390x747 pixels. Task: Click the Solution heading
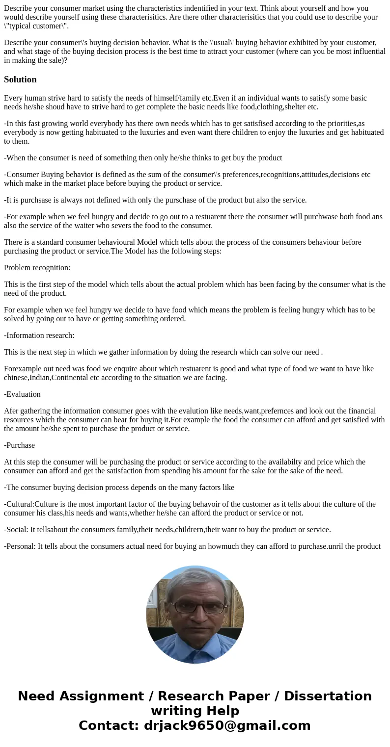[20, 79]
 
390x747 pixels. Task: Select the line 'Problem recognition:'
[37, 268]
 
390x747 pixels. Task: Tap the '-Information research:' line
[39, 335]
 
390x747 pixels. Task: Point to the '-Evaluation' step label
[23, 394]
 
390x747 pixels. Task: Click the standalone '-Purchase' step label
[20, 445]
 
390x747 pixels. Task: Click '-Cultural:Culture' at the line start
[34, 504]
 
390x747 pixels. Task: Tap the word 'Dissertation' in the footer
[328, 696]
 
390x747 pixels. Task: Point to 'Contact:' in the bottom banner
[109, 726]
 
